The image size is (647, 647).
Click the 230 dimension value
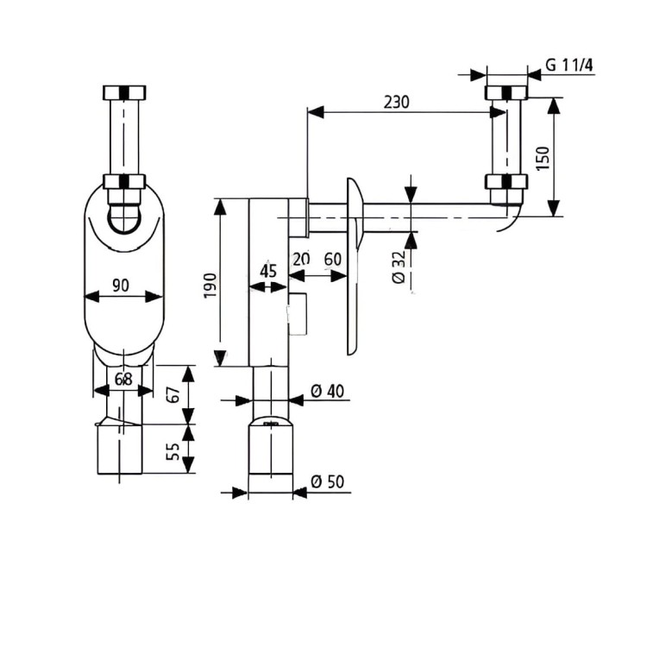(396, 102)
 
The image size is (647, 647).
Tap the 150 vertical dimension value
(543, 157)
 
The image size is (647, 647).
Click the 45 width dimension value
(268, 270)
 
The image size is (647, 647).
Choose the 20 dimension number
(300, 260)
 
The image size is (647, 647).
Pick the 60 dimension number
(331, 260)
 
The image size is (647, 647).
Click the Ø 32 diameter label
(399, 270)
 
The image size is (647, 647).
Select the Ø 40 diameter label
(327, 391)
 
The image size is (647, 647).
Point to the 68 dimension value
(123, 378)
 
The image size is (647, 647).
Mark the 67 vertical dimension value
(173, 394)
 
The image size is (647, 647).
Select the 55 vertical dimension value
(173, 450)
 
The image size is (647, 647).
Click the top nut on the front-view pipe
(124, 93)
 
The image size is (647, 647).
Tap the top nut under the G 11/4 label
(506, 93)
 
